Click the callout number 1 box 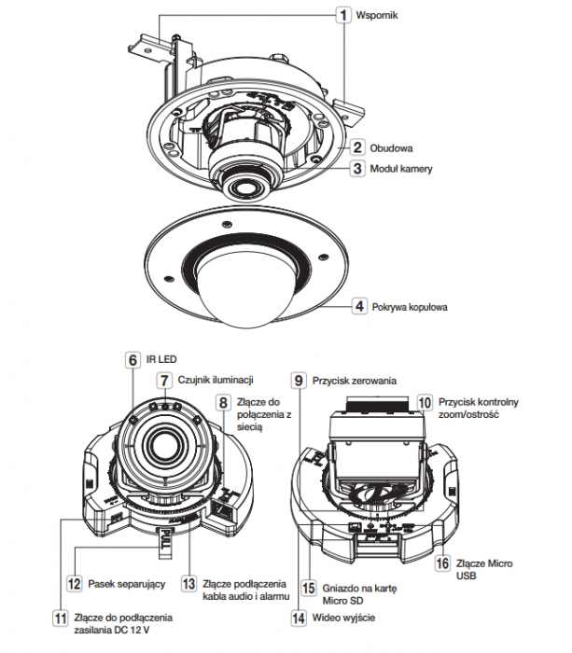(x=343, y=16)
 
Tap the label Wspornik (x=377, y=16)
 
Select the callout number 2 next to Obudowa (x=357, y=147)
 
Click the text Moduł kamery (x=401, y=169)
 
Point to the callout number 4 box (x=359, y=307)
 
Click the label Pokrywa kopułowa (x=410, y=307)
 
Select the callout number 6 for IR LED (x=133, y=359)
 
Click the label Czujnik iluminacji (x=216, y=380)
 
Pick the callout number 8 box (x=223, y=402)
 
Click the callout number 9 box (x=299, y=381)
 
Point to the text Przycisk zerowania (x=355, y=381)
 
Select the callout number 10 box (x=425, y=402)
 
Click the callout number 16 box (x=442, y=563)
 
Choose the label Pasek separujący (x=127, y=584)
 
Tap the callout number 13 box (x=188, y=584)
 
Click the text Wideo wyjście (x=343, y=618)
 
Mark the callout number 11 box (x=61, y=618)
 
